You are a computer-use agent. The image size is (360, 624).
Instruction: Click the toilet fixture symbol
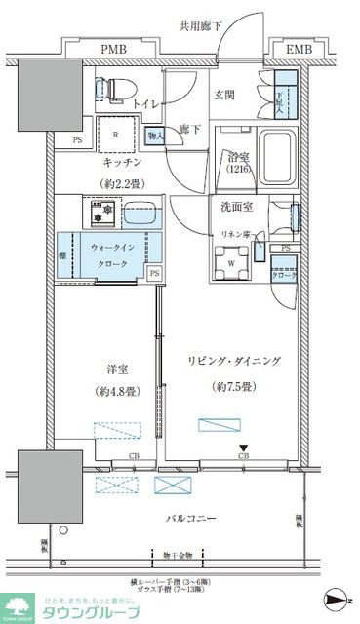click(109, 87)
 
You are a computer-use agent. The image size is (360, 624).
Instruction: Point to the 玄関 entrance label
click(226, 96)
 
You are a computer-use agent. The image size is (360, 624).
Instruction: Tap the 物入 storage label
click(153, 135)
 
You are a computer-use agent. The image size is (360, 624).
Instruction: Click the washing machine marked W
click(230, 261)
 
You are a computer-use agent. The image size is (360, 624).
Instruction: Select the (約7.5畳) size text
click(234, 385)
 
